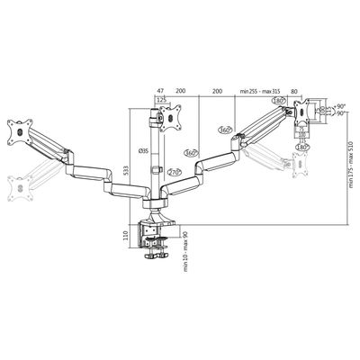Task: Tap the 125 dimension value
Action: click(162, 101)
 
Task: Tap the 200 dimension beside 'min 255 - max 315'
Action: click(217, 91)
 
